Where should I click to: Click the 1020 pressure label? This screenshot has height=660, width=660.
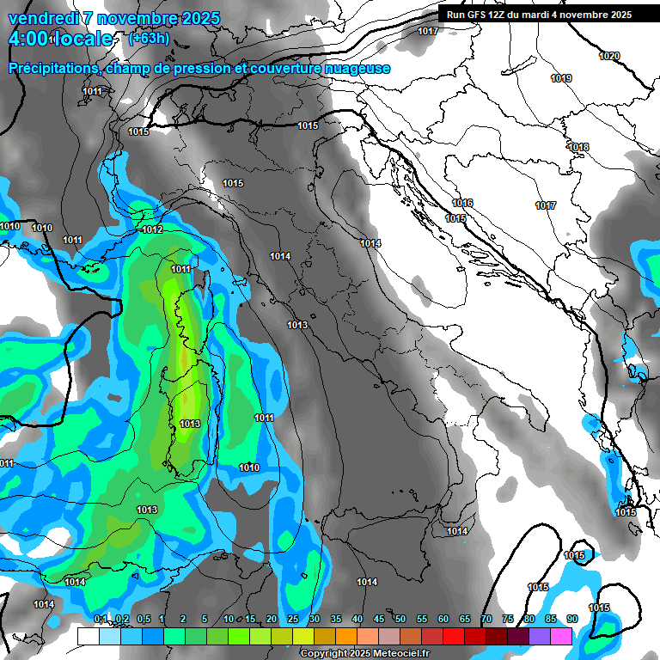(609, 56)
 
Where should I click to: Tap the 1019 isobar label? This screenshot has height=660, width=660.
(561, 78)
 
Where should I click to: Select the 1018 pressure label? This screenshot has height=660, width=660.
(578, 147)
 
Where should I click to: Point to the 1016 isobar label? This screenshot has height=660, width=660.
(462, 203)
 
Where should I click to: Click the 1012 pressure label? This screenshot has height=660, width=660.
(153, 229)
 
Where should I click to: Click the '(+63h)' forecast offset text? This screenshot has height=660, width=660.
(149, 38)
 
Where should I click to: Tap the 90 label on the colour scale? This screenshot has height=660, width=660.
(572, 619)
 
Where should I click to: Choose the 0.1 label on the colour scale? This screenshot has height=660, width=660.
(101, 619)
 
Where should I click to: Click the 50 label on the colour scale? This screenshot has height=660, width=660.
(400, 619)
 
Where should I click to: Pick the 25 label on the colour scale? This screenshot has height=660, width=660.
(293, 619)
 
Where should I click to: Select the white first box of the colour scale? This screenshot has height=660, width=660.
(88, 636)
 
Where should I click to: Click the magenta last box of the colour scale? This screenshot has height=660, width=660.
(561, 636)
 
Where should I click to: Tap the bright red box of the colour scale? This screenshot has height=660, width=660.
(454, 636)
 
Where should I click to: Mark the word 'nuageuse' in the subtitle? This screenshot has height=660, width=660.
(358, 68)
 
